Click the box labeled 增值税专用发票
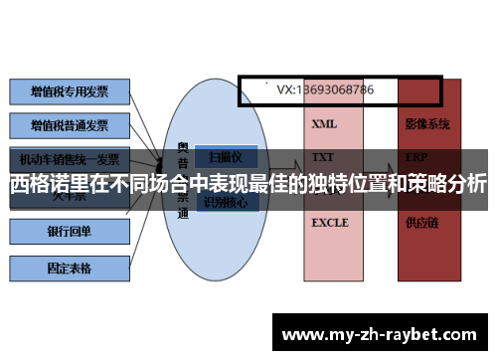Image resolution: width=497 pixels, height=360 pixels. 69,91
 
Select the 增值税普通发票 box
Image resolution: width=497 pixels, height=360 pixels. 69,126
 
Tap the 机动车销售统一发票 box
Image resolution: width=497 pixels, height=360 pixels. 69,159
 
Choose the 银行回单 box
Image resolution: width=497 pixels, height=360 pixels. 69,232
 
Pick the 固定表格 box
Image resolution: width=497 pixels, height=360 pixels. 69,268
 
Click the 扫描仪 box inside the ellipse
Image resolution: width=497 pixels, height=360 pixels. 228,157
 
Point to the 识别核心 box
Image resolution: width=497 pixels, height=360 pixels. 228,203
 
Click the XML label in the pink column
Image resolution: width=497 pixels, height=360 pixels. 324,125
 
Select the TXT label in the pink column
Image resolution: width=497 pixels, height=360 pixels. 323,158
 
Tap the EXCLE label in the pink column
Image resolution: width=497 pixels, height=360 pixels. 330,223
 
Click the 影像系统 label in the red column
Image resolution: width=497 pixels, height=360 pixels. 427,125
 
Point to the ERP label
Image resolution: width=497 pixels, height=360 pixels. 416,158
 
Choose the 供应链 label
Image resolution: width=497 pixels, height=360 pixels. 421,223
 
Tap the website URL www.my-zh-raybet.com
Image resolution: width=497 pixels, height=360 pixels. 383,333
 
